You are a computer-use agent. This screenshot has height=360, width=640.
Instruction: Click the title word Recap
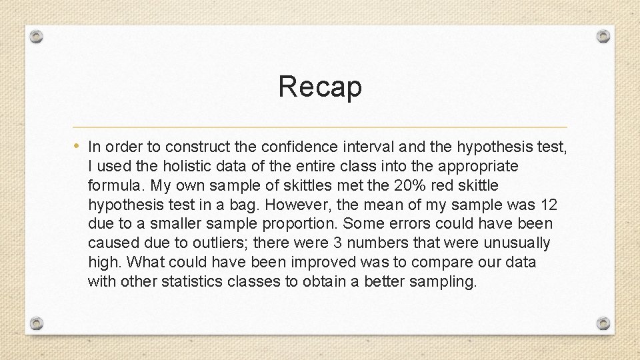click(x=320, y=86)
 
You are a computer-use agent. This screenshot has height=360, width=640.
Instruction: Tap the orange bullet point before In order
click(x=78, y=145)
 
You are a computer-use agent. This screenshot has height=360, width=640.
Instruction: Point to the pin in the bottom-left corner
click(x=37, y=324)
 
